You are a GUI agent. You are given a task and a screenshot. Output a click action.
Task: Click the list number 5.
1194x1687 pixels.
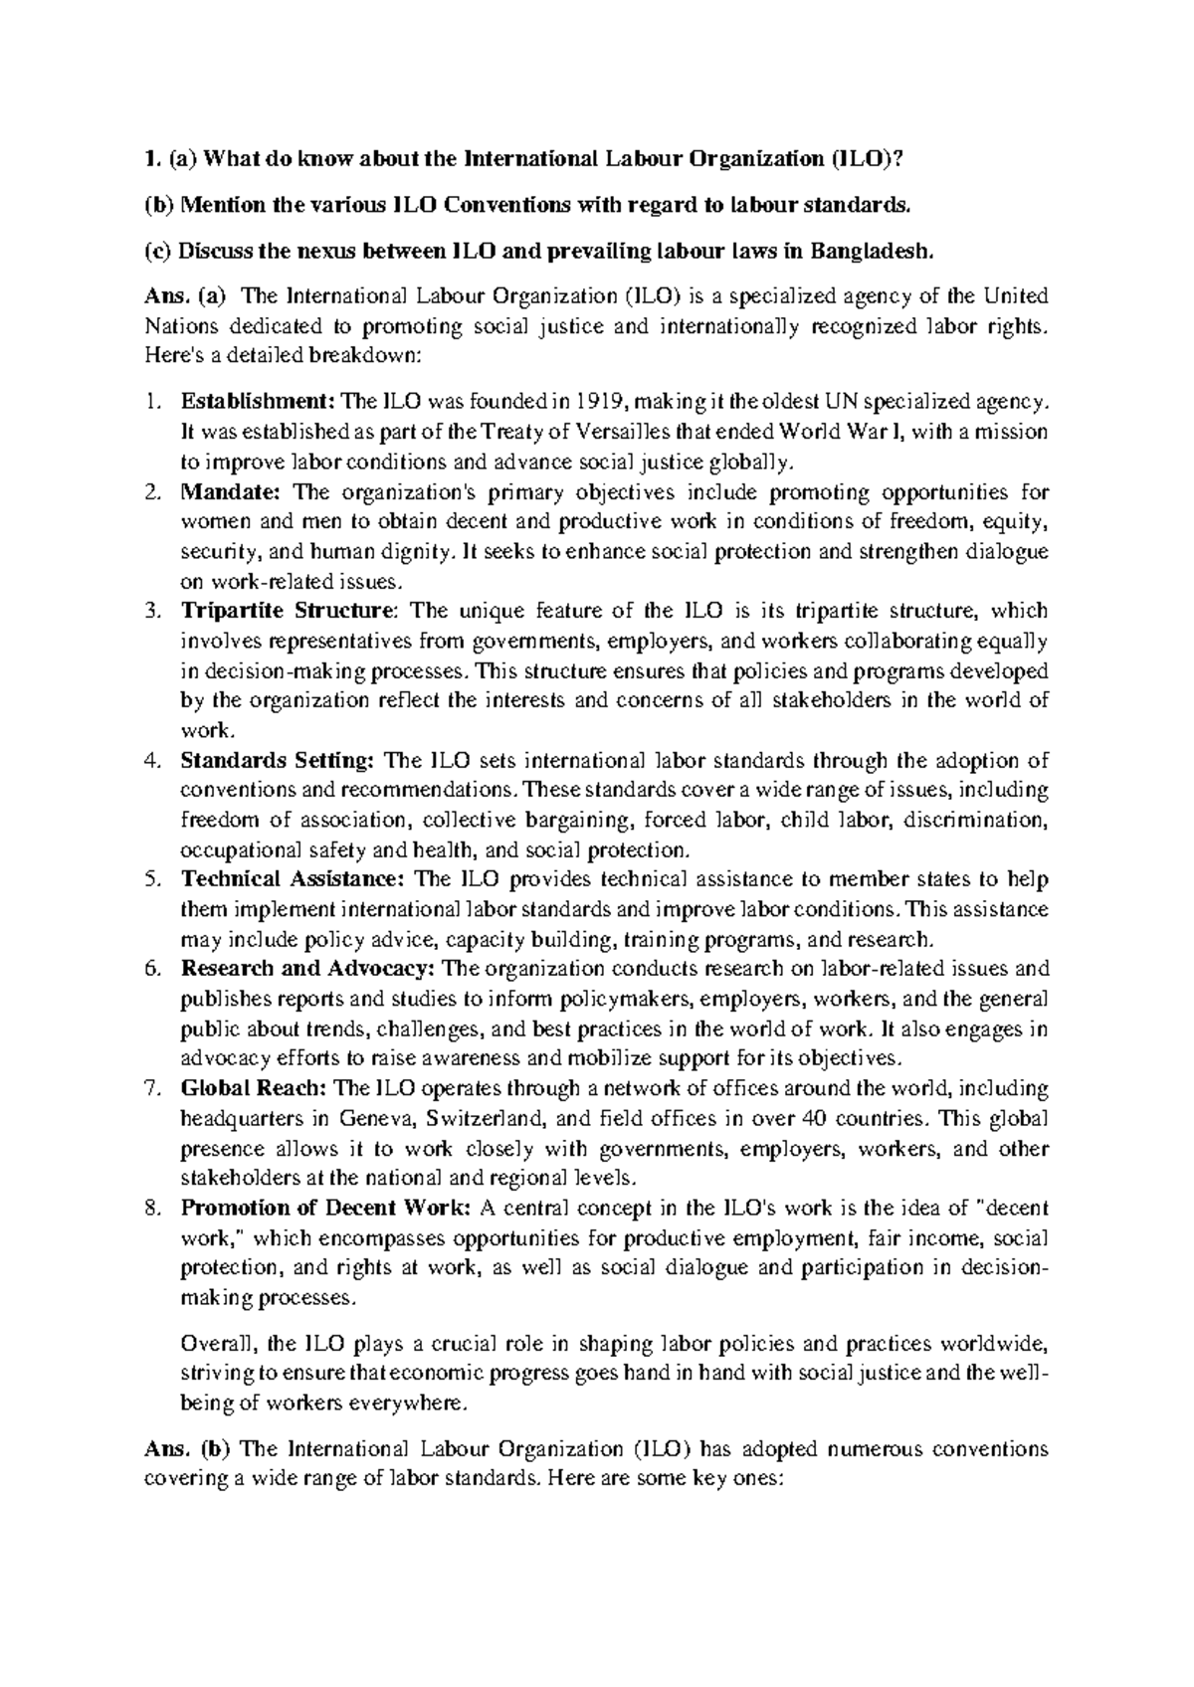pyautogui.click(x=151, y=879)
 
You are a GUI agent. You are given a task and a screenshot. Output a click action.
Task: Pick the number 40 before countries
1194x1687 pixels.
pyautogui.click(x=812, y=1118)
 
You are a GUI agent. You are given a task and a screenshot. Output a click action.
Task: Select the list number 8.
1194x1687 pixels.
pyautogui.click(x=151, y=1209)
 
